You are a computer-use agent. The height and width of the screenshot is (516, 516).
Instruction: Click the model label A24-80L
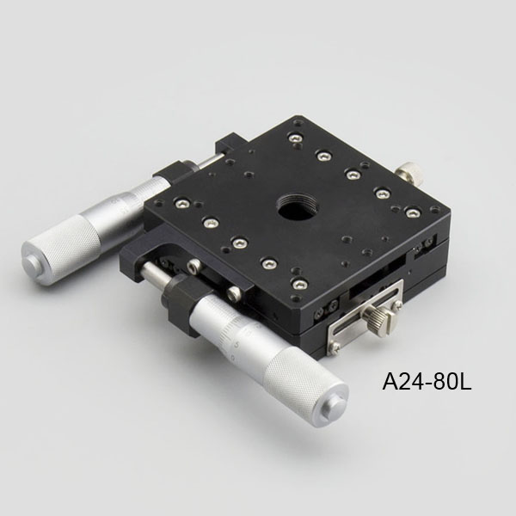[427, 381]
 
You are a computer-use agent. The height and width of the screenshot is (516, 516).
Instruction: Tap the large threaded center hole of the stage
[292, 209]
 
